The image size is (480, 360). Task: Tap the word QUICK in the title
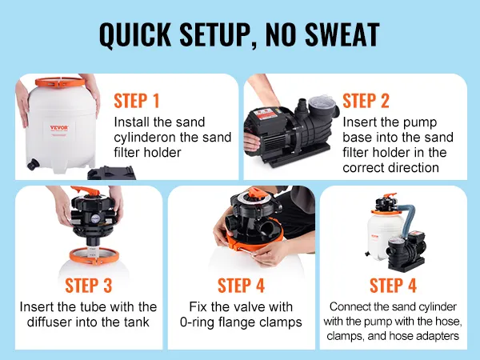click(x=135, y=34)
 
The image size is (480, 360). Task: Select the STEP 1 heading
click(x=137, y=101)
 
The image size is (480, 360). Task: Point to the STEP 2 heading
click(x=366, y=101)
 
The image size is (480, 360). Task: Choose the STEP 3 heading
click(x=89, y=286)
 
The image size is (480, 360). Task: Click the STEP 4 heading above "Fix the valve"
click(x=241, y=286)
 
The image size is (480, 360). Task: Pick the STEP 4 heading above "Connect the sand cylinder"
click(x=393, y=286)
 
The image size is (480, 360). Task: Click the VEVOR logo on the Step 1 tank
click(x=59, y=128)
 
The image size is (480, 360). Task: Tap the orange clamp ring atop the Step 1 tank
click(x=60, y=82)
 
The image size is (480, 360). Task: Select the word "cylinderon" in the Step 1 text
click(x=145, y=138)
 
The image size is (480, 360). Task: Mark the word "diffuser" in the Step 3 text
click(x=49, y=322)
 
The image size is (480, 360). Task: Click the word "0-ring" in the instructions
click(x=197, y=322)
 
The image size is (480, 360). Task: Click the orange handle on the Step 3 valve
click(x=86, y=190)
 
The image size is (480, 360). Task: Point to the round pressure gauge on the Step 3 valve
click(x=95, y=219)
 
